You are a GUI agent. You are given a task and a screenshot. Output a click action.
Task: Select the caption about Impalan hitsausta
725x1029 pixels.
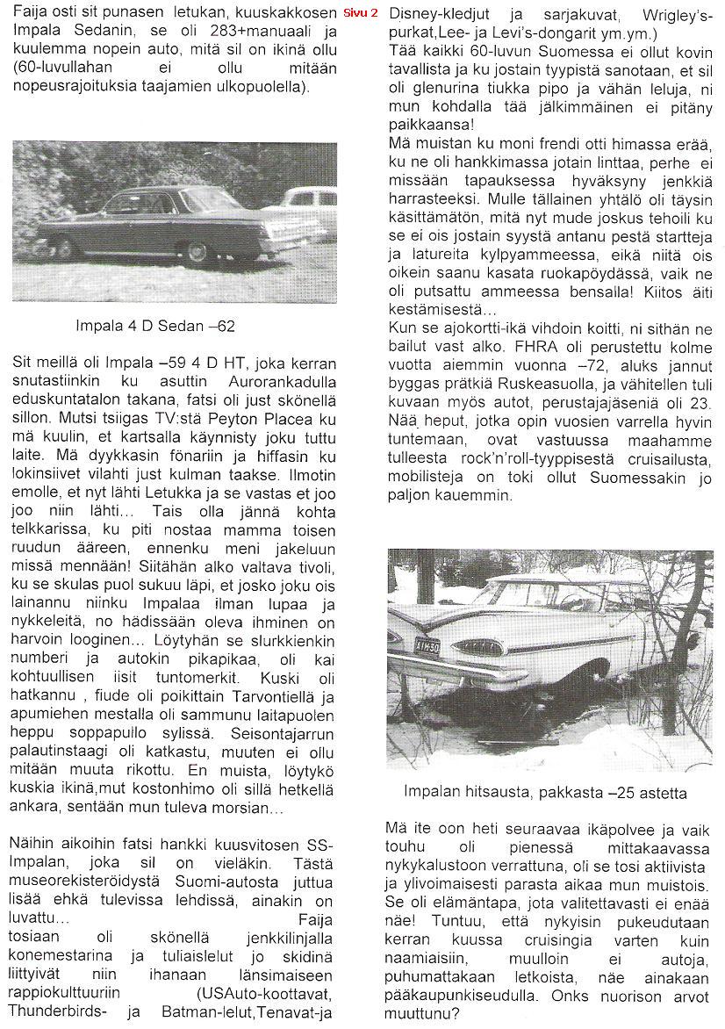pos(545,792)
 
